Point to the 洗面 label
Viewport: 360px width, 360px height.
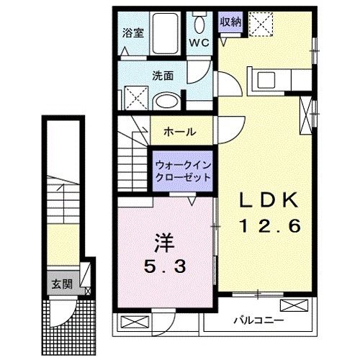[x=161, y=74]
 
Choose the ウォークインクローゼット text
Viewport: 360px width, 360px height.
[x=183, y=171]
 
